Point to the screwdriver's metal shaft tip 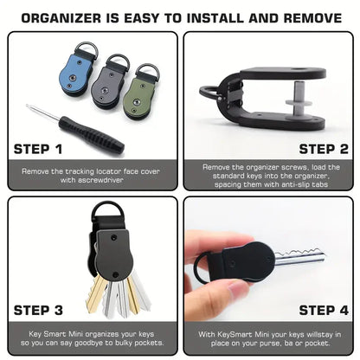(x=30, y=108)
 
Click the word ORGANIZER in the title (x=75, y=16)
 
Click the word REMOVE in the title (x=306, y=16)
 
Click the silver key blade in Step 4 (x=299, y=255)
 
